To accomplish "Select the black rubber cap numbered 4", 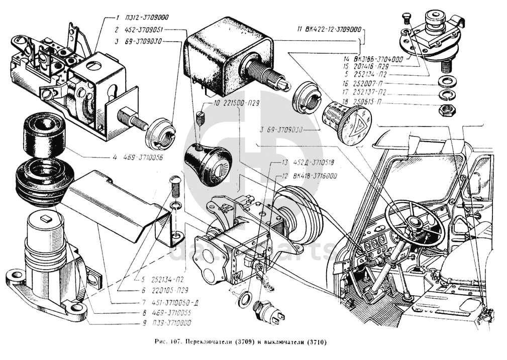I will point(42,135).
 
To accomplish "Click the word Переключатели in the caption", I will point(209,343).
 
